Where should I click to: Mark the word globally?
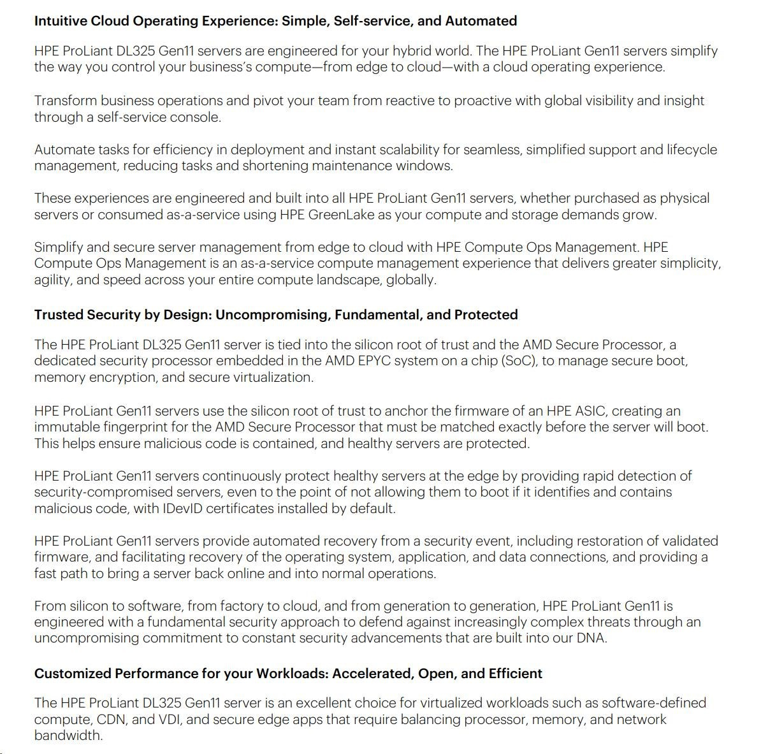pyautogui.click(x=411, y=280)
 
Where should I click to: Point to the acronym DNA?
pyautogui.click(x=591, y=638)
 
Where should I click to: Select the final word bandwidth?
pyautogui.click(x=68, y=736)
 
